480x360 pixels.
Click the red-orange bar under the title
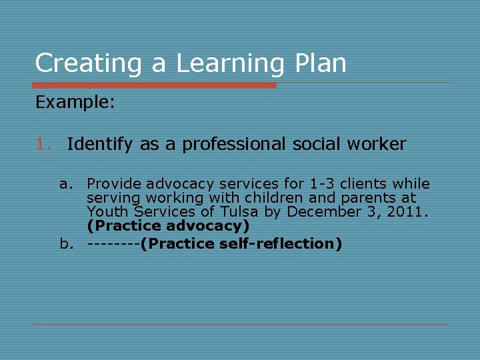[x=154, y=85]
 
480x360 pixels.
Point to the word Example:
[x=75, y=102]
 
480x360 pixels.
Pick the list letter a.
[x=65, y=184]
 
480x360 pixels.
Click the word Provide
[x=114, y=184]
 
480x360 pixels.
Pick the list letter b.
[x=65, y=243]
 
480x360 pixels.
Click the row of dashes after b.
[x=113, y=243]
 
